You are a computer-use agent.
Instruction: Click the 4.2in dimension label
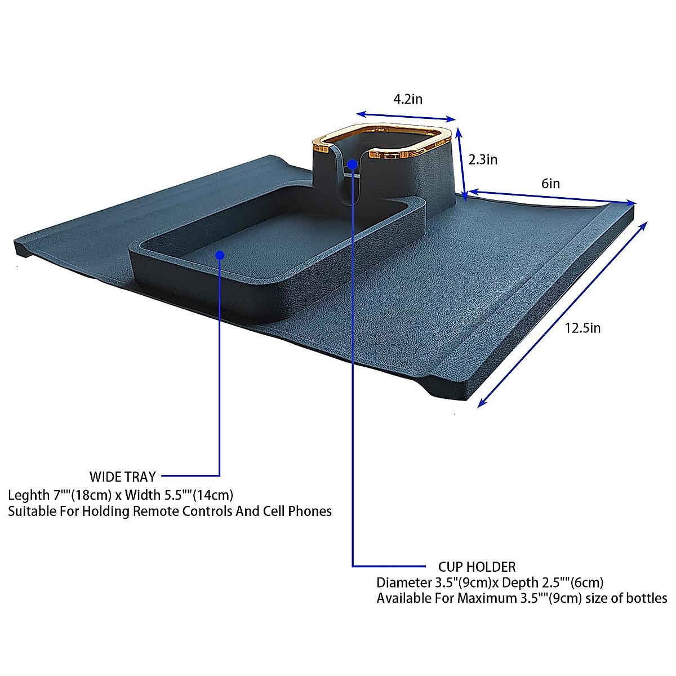click(408, 100)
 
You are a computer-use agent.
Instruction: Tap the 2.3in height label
click(483, 160)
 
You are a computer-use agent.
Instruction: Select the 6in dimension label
click(550, 184)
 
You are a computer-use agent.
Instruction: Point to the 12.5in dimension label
click(582, 328)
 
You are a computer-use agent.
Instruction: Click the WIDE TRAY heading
click(122, 477)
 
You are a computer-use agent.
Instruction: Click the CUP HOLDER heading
click(477, 567)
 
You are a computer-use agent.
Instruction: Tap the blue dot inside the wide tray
click(220, 255)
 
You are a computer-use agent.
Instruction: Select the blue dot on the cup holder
click(352, 164)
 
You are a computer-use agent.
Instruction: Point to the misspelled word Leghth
click(29, 495)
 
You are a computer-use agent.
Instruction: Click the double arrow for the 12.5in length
click(562, 313)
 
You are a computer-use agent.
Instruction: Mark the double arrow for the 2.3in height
click(462, 163)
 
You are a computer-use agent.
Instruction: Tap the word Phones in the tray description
click(310, 512)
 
